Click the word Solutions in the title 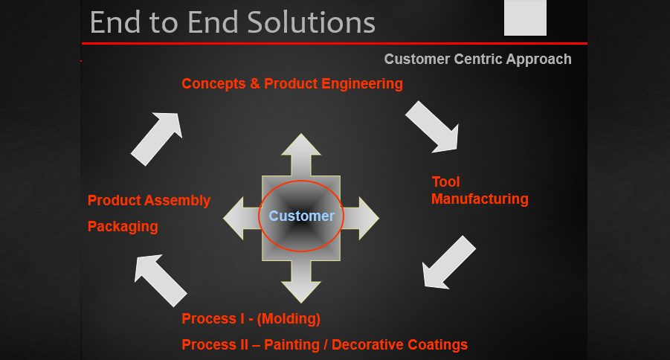307,22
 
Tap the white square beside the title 525,18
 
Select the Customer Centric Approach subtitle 477,60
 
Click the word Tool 446,182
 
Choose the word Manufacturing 480,199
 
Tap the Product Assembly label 149,201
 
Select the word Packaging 123,227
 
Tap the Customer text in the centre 301,216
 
